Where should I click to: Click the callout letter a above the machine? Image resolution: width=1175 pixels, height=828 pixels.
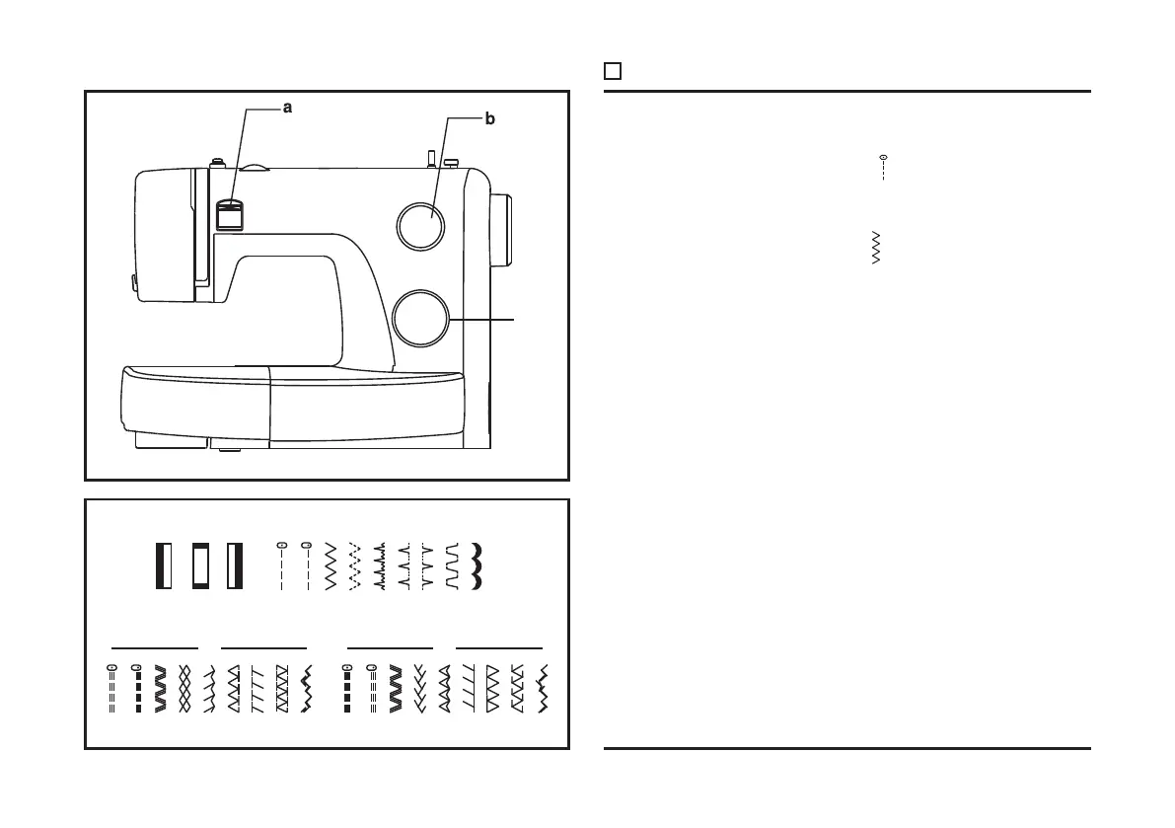coord(288,109)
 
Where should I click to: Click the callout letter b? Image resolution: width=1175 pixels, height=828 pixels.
coord(490,119)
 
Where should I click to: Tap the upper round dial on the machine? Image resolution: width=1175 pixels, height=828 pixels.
coord(420,225)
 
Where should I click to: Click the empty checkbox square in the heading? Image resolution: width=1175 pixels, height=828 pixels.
coord(613,71)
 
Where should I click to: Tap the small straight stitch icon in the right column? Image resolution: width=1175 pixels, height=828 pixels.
coord(883,167)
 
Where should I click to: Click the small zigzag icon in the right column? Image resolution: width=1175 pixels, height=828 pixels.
coord(877,248)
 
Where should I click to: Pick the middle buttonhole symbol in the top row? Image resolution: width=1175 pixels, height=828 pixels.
coord(200,565)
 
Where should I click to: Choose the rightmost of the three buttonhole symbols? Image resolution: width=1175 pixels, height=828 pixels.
coord(235,565)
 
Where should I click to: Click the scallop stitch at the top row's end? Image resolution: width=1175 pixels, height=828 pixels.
coord(478,565)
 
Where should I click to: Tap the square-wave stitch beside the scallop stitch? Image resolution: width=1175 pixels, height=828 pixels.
coord(453,565)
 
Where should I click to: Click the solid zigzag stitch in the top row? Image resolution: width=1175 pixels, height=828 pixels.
coord(330,565)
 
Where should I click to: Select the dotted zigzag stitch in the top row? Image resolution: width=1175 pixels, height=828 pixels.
coord(355,565)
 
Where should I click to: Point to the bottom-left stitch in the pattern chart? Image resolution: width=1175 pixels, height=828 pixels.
coord(111,689)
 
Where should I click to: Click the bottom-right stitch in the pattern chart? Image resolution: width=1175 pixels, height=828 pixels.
coord(540,689)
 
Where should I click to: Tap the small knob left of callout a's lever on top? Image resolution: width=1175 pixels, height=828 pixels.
coord(214,158)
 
